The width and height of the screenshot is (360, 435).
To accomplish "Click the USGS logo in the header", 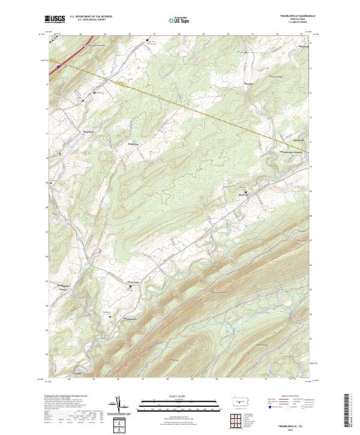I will click(x=55, y=19).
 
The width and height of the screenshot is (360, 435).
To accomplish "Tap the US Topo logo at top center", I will click(x=179, y=20).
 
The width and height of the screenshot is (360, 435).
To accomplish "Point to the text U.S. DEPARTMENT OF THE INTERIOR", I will click(x=91, y=17).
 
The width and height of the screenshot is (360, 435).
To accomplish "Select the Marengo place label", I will click(x=248, y=83).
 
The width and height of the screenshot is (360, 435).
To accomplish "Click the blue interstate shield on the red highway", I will click(x=58, y=67).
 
